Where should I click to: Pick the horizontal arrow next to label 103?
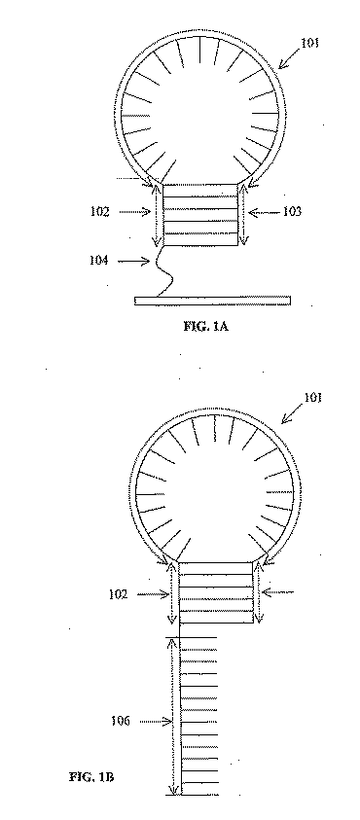(x=261, y=210)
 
